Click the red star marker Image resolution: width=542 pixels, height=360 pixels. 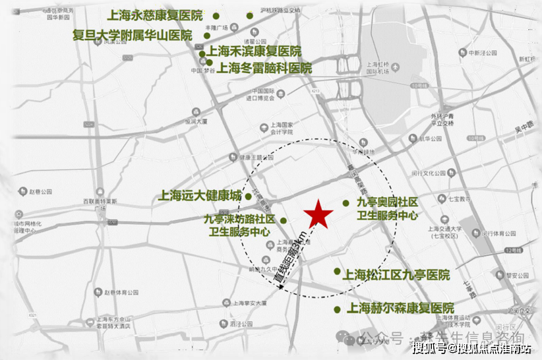318,214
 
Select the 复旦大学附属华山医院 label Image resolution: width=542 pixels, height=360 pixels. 133,35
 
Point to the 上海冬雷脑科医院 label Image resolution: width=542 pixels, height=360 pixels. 264,68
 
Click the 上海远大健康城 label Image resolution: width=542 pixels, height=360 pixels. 200,196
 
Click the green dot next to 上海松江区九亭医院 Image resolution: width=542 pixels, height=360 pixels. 337,271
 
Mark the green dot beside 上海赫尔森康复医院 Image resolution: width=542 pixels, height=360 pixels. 337,309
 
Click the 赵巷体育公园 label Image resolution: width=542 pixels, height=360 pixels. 119,291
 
